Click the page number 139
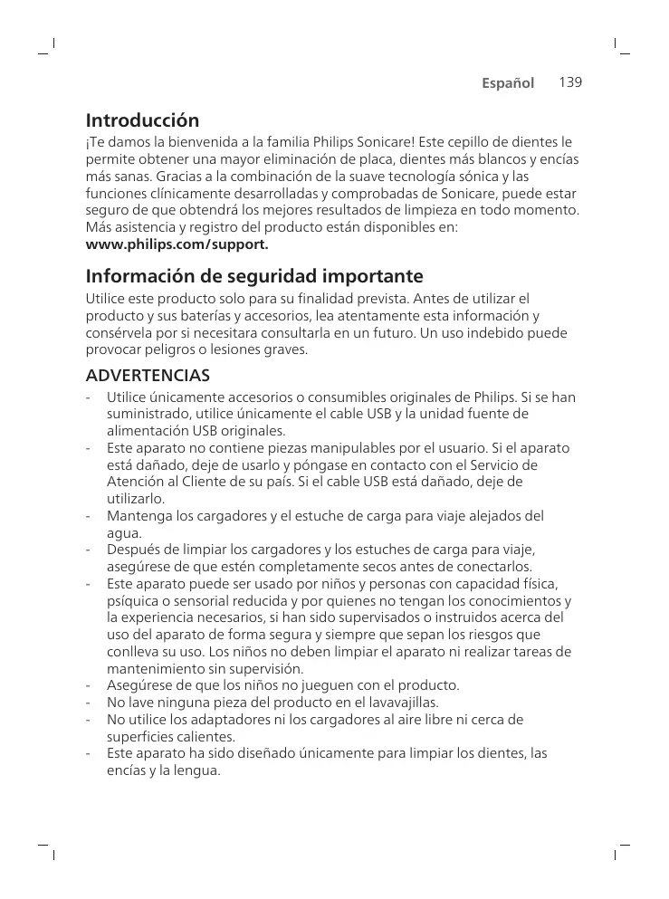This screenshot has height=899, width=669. pos(569,82)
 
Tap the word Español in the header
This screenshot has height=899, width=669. pos(508,83)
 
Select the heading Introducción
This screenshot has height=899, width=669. pos(142,120)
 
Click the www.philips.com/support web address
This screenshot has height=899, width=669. pos(177,244)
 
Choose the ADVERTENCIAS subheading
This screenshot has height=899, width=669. pos(148,375)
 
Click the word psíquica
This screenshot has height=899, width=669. pos(133,601)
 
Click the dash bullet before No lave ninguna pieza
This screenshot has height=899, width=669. pos(88,703)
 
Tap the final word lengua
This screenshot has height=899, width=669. pos(198,771)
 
